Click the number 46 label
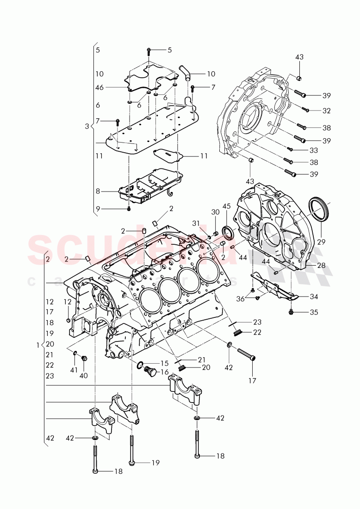tap(99, 87)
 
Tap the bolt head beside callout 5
tap(149, 50)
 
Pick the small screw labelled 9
tap(129, 209)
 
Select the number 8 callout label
tap(98, 191)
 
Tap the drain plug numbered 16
tap(149, 372)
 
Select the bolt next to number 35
tap(291, 312)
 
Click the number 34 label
tap(314, 296)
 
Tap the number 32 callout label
tap(327, 111)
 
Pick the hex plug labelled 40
tap(84, 359)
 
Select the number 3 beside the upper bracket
tap(87, 126)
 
